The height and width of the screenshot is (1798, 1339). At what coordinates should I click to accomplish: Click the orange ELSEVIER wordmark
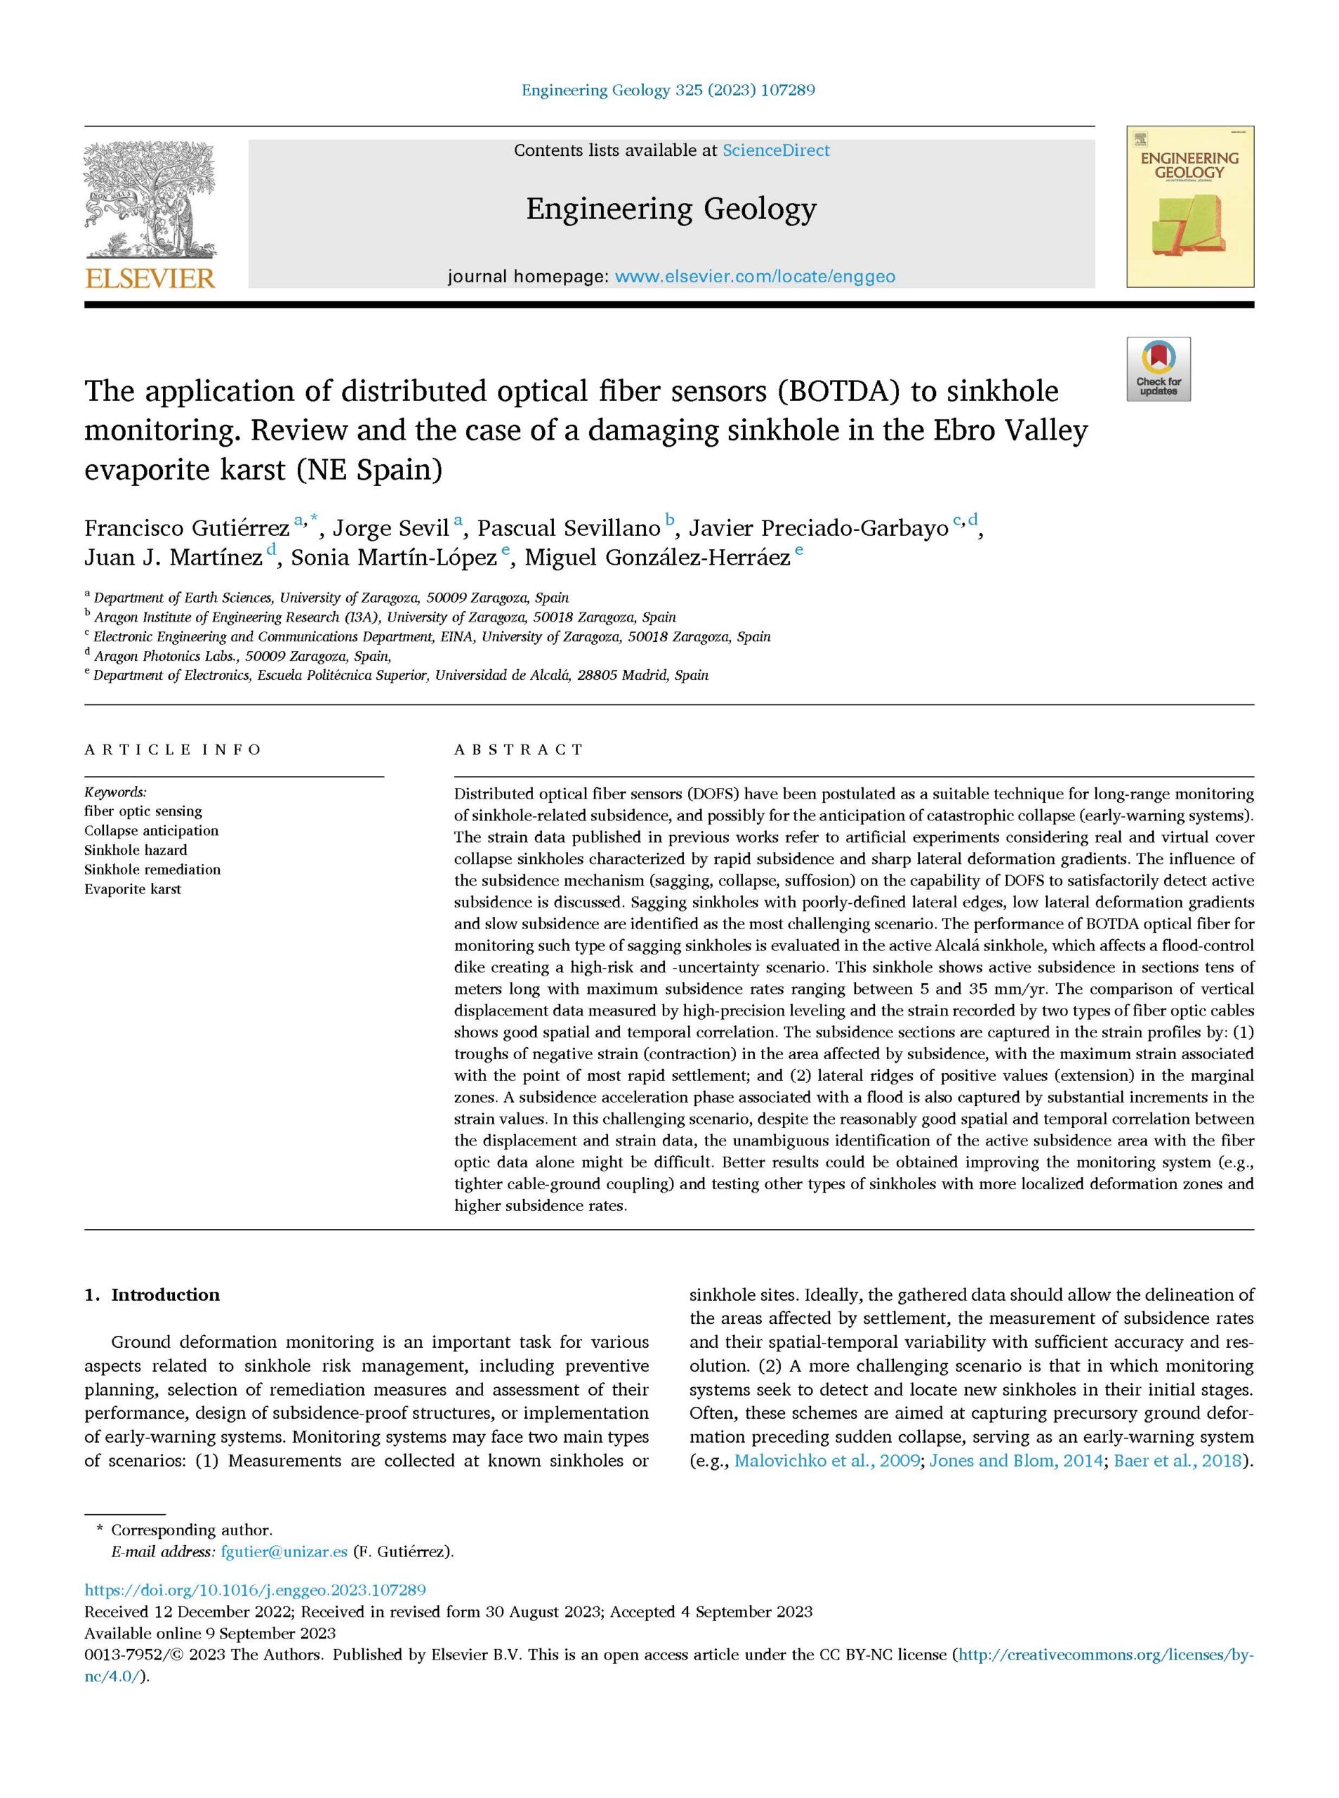point(150,279)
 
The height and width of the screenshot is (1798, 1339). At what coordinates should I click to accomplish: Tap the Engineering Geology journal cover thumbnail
point(1190,206)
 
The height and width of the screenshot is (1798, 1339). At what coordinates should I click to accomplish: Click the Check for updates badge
point(1159,369)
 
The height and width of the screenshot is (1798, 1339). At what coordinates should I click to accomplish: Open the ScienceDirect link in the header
point(776,151)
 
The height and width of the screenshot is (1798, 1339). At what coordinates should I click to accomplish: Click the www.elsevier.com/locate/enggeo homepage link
point(755,277)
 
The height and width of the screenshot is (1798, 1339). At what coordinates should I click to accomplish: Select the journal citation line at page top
point(668,90)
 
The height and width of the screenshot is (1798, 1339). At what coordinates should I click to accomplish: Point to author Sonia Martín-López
point(394,558)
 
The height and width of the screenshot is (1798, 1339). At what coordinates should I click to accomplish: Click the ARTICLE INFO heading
point(173,750)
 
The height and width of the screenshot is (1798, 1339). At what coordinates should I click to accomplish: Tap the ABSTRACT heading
point(519,750)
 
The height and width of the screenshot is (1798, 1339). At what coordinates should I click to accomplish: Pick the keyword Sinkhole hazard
point(136,851)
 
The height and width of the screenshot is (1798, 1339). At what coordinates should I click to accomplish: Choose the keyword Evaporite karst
point(133,889)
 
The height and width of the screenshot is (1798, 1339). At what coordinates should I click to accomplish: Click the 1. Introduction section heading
point(152,1295)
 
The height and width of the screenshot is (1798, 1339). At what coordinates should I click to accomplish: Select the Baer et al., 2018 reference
point(1178,1462)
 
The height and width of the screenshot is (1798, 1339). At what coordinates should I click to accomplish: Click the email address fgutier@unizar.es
point(284,1552)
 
